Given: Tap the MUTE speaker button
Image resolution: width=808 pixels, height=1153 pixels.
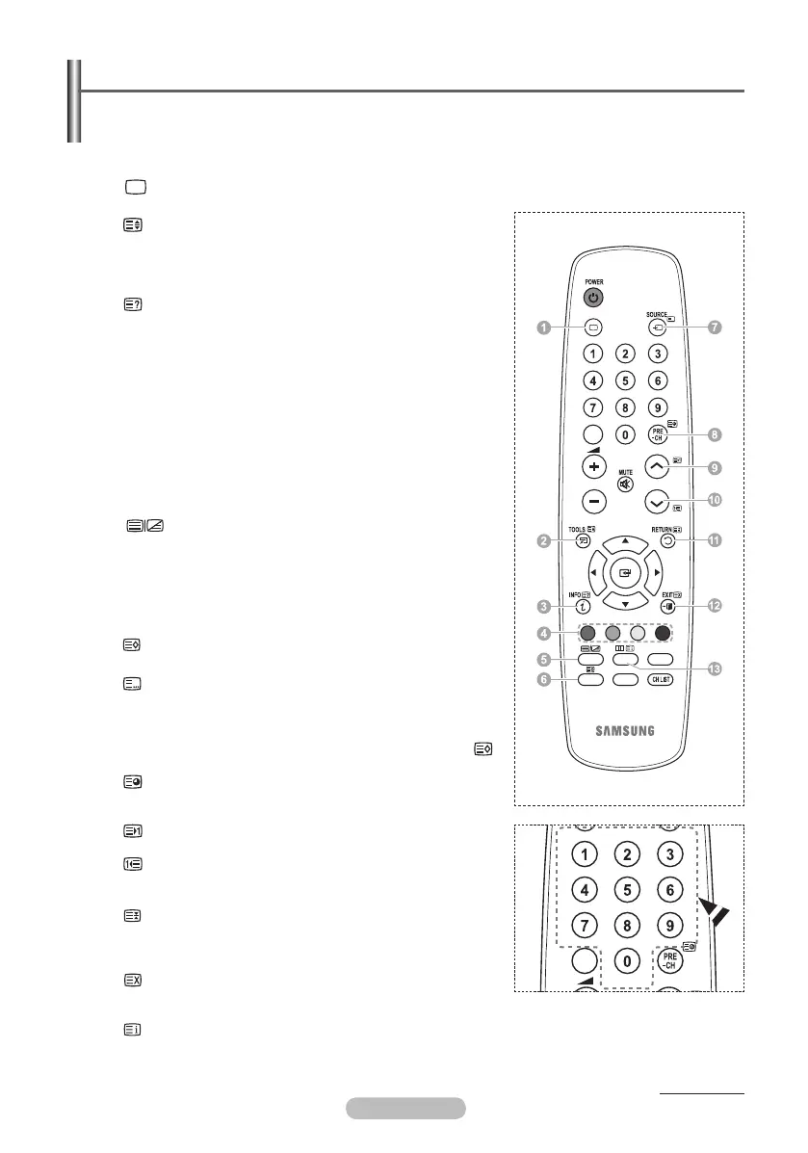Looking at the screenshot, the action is (x=625, y=484).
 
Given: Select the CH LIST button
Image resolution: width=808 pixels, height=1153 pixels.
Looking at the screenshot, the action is (x=660, y=679).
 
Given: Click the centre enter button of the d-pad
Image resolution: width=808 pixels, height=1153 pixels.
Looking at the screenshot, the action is (x=625, y=573).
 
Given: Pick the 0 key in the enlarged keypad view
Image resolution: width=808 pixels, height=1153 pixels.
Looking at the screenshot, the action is (x=626, y=959).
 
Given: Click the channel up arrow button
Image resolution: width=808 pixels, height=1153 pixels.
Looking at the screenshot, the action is (x=658, y=467).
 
